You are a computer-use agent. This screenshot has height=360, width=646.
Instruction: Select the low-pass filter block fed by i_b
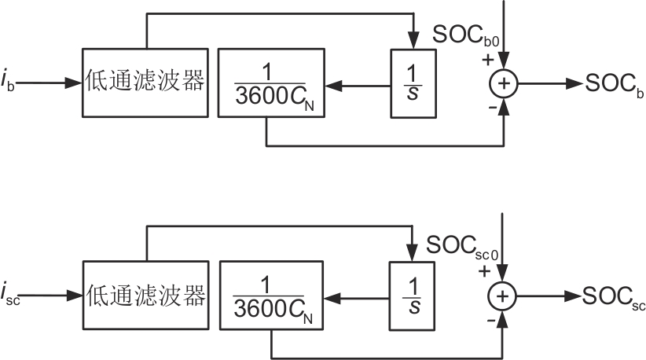[x=145, y=83]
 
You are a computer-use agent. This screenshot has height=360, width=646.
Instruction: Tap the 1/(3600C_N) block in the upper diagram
[x=270, y=83]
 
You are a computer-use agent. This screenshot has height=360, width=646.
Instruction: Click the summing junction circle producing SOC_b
[x=503, y=83]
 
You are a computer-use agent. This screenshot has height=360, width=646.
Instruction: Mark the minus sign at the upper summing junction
[x=493, y=108]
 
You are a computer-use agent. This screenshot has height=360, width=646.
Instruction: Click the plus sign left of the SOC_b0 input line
[x=488, y=59]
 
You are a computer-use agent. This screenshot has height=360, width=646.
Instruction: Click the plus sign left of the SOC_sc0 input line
[x=485, y=271]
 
